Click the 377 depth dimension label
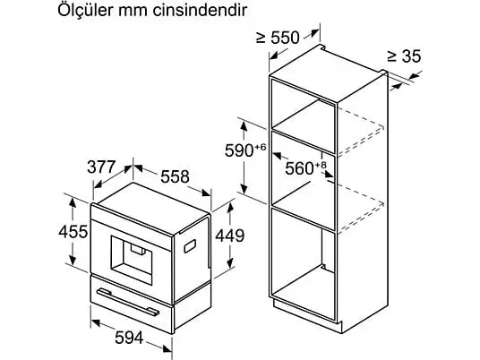coord(101,167)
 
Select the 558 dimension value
coord(175,176)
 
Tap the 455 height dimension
coord(73,231)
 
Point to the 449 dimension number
coord(230,236)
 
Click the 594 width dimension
coord(129,338)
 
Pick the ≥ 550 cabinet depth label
coord(278,38)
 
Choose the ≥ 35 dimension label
coord(404,56)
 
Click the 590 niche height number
coord(239,150)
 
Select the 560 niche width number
coord(299,168)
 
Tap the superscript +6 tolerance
coord(261,147)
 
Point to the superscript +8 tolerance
coord(321,165)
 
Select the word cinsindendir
coord(200,11)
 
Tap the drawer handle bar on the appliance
coord(128,303)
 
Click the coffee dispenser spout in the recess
coord(138,249)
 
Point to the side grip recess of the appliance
coord(190,246)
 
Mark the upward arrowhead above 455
coord(73,203)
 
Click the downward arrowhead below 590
coord(244,189)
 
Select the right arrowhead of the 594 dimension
coord(167,348)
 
